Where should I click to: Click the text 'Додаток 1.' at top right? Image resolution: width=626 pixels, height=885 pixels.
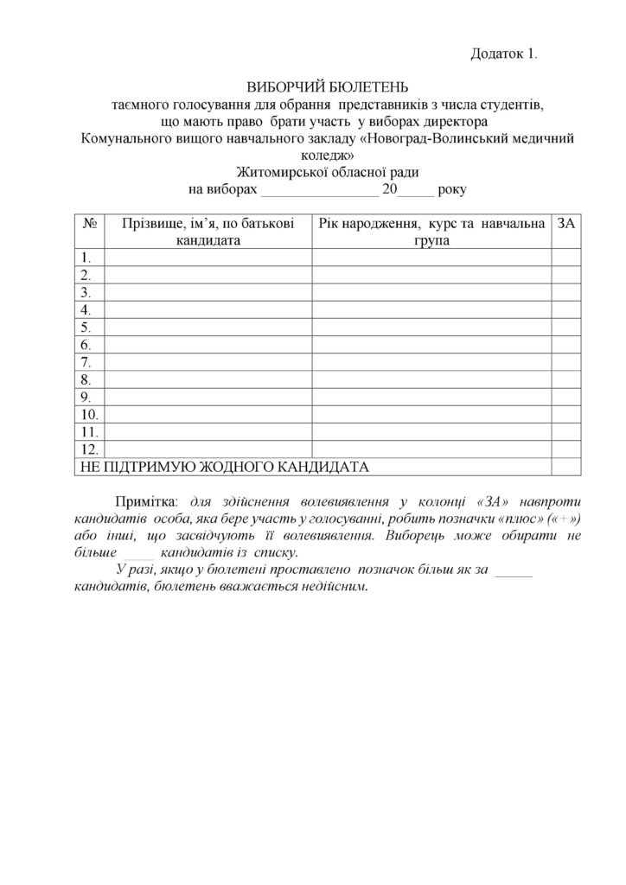coord(504,54)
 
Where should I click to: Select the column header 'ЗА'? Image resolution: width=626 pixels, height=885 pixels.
coord(566,223)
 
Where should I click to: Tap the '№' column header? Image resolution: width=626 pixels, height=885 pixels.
coord(87,223)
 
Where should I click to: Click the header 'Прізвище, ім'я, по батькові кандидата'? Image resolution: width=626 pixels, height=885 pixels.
coord(208,231)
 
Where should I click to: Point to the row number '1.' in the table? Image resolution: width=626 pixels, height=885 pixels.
coord(86,258)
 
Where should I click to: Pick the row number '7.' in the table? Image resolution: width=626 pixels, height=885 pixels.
coord(86,362)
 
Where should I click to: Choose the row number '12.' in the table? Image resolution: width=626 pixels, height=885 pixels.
coord(88,449)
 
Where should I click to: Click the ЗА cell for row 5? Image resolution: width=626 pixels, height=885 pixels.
coord(565,327)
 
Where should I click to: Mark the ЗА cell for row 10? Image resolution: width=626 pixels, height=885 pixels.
coord(565,414)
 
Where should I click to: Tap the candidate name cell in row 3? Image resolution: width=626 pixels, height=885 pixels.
coord(208,292)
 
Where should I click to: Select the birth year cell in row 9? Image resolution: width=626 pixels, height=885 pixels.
coord(431,397)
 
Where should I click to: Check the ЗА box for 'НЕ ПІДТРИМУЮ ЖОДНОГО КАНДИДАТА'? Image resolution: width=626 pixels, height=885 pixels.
coord(565,467)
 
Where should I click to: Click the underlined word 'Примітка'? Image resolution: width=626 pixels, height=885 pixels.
coord(143,501)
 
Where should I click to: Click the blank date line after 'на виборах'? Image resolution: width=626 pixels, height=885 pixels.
coord(320,189)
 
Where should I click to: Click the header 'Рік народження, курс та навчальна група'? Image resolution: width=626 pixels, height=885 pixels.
coord(431,231)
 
